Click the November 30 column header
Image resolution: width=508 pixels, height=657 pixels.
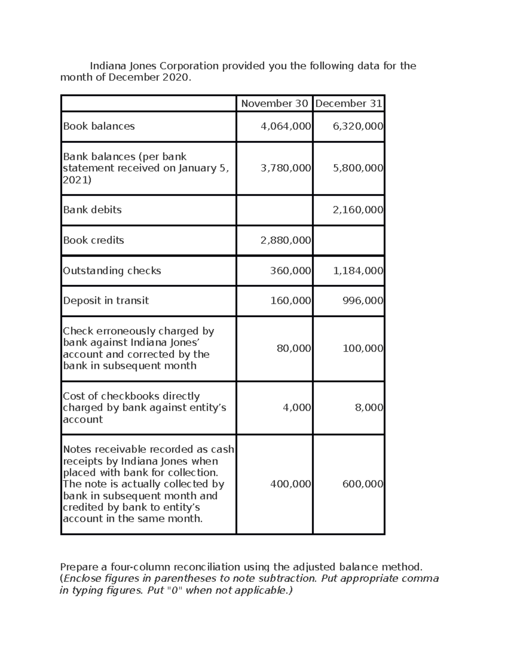coord(274,104)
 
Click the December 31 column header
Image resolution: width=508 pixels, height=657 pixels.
coord(349,104)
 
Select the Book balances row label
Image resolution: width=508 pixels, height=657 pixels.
coord(99,126)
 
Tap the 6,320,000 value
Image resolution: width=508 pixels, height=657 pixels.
coord(358,126)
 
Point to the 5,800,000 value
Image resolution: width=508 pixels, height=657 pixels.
coord(358,168)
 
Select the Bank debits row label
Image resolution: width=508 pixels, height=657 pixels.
coord(92,210)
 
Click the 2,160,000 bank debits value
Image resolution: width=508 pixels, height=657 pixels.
coord(358,210)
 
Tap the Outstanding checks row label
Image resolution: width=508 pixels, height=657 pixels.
coord(112,271)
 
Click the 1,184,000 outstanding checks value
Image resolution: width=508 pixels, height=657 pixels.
coord(358,271)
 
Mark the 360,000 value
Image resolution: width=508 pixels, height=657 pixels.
coord(290,271)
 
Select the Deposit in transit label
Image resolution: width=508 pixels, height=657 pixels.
coord(106,301)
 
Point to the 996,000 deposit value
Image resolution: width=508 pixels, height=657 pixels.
coord(362,301)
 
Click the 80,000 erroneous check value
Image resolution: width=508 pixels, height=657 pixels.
coord(293,349)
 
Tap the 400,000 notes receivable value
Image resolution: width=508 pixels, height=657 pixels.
coord(290,484)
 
